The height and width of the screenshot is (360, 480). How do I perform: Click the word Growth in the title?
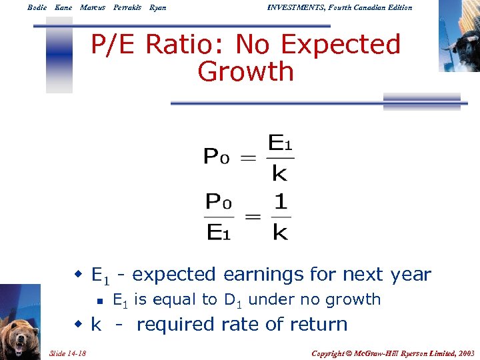coord(246,71)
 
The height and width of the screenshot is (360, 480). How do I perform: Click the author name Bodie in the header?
coord(37,7)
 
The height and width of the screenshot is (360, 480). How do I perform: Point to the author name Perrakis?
coord(127,7)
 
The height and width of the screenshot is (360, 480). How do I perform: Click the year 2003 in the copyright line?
coord(464,352)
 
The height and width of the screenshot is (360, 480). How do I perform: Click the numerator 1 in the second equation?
coord(281,201)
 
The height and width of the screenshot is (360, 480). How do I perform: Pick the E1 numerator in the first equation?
coord(280,143)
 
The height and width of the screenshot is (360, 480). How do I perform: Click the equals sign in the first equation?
coord(248,158)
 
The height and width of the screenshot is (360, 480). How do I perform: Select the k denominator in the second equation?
coord(281,232)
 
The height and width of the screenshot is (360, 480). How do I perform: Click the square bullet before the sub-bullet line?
coord(98,301)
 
